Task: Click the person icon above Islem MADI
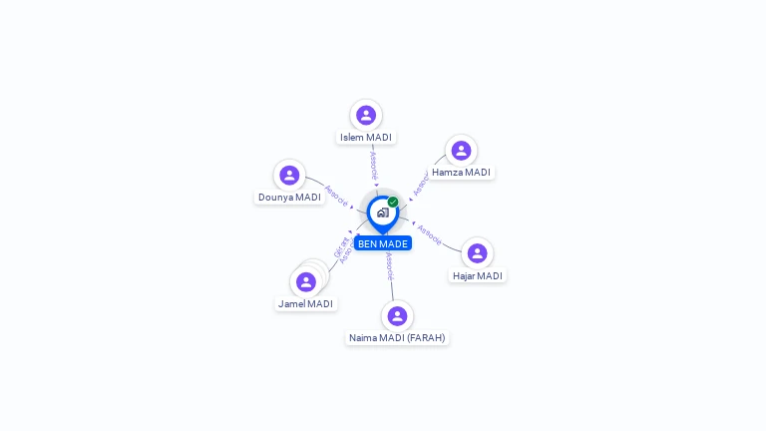point(366,115)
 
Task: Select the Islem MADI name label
point(366,138)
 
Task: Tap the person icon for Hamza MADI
point(461,151)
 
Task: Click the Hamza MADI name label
point(462,173)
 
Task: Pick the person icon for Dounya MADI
point(289,175)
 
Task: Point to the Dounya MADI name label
point(289,198)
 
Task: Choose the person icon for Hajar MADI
point(477,253)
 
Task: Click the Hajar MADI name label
point(478,275)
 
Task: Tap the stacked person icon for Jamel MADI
point(306,281)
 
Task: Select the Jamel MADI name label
point(306,303)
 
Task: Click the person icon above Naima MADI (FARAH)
point(397,316)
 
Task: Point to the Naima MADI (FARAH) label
point(397,338)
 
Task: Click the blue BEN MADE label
point(383,243)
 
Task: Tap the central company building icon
point(382,213)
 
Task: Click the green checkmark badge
point(393,202)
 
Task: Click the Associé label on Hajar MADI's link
point(429,233)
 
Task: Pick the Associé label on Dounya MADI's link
point(336,196)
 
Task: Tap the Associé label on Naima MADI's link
point(390,265)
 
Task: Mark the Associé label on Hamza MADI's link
point(421,183)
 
